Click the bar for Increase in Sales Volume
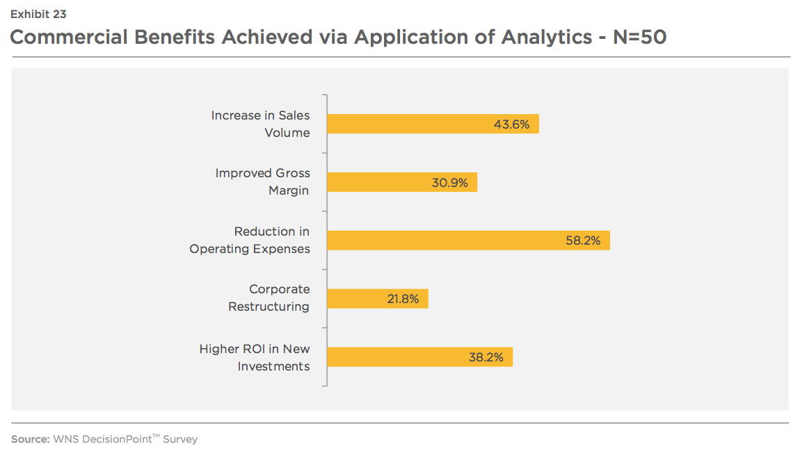(x=433, y=124)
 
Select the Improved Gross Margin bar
(x=402, y=182)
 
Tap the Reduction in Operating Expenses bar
(x=468, y=241)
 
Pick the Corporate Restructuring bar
(x=378, y=298)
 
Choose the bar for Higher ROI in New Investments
(x=420, y=357)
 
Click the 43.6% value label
(x=512, y=124)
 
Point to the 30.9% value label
(x=449, y=183)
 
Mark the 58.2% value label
(x=583, y=241)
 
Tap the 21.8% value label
(x=403, y=299)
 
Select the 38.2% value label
(x=486, y=357)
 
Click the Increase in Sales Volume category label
(x=261, y=124)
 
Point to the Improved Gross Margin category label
(x=263, y=181)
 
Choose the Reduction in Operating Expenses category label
(x=250, y=240)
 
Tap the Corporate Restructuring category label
(x=269, y=298)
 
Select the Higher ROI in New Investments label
(x=255, y=357)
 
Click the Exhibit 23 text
(x=38, y=15)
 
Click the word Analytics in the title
(x=546, y=38)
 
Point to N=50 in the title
(x=640, y=37)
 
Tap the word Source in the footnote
(x=31, y=439)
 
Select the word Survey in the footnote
(x=180, y=439)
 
